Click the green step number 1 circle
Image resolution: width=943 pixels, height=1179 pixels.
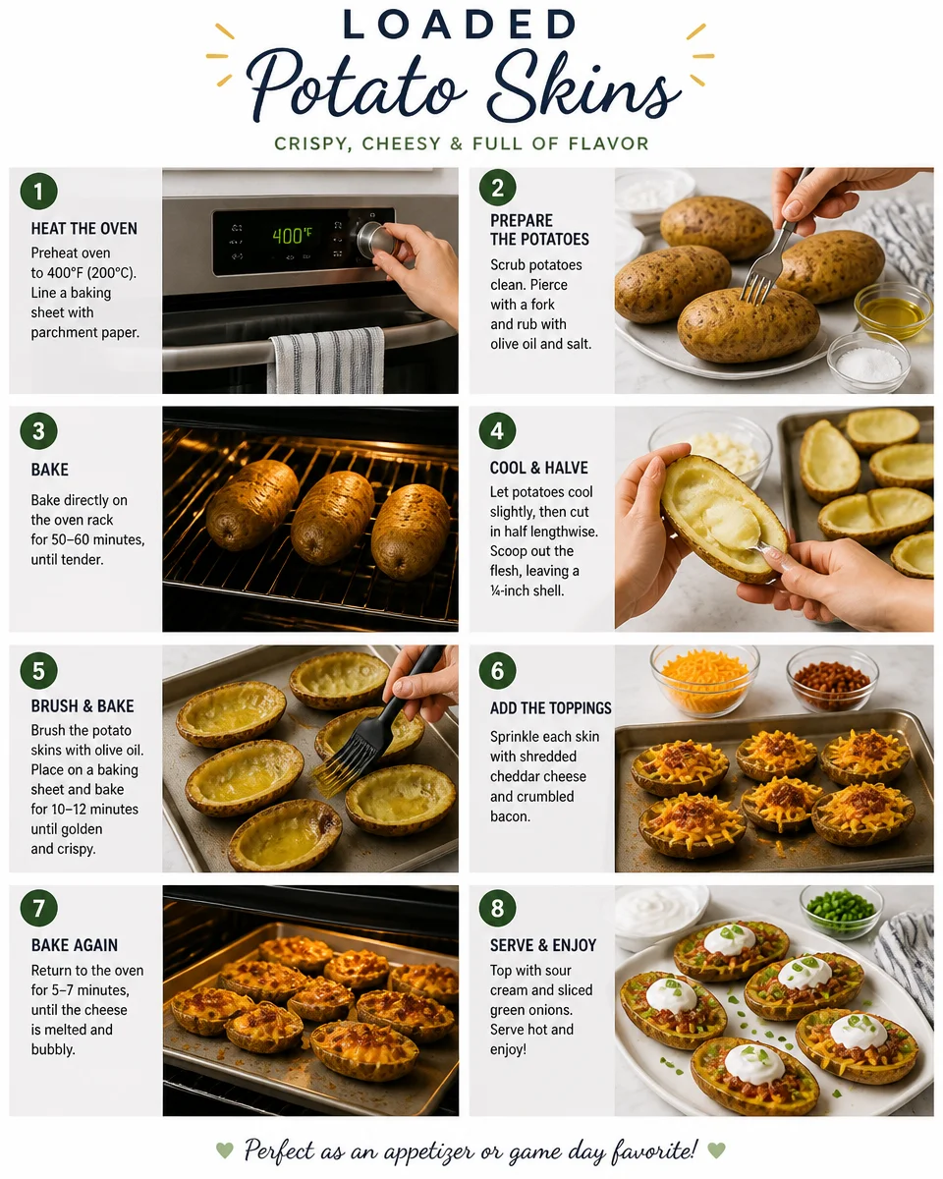(x=38, y=192)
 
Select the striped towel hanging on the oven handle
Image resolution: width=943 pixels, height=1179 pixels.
(x=327, y=360)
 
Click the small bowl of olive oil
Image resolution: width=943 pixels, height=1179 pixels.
(x=893, y=310)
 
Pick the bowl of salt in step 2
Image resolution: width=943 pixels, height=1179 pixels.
(x=868, y=362)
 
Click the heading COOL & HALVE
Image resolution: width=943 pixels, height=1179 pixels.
(x=538, y=468)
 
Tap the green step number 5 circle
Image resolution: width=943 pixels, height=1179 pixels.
(x=38, y=670)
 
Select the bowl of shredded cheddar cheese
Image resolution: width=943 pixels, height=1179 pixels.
(x=704, y=680)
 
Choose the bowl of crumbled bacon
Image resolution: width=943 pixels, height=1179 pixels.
(x=832, y=678)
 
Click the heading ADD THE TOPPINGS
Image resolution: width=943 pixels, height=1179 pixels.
(x=551, y=707)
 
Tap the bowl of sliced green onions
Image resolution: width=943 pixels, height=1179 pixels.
(x=842, y=911)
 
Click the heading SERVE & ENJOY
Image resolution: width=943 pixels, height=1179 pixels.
(x=542, y=945)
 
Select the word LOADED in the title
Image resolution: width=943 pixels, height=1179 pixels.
(x=460, y=25)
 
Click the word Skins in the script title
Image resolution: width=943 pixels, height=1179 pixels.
(x=583, y=87)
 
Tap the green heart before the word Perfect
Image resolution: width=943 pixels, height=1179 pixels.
(x=225, y=1150)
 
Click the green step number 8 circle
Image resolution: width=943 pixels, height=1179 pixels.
(x=497, y=908)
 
